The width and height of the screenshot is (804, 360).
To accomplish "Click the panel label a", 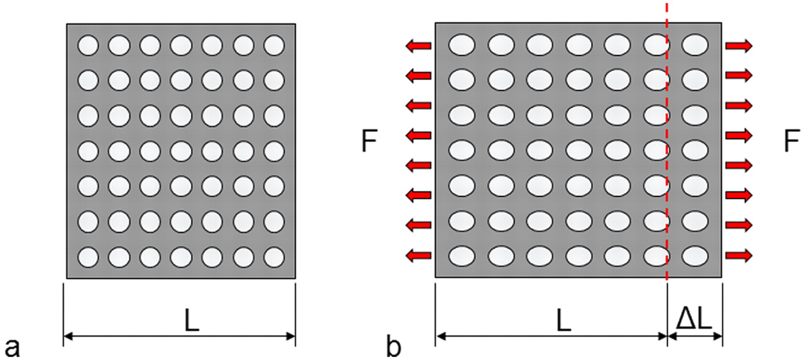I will point(12,347).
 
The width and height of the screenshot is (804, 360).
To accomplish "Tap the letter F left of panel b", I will point(370,143).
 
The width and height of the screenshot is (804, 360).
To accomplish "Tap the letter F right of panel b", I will point(792,143).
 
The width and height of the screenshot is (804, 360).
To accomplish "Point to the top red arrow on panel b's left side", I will point(418,45).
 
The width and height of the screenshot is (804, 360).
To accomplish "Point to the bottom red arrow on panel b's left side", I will point(418,255).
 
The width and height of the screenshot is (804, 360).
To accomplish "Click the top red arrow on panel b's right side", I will point(739,45).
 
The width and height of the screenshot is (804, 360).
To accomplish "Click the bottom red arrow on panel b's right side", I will point(739,255).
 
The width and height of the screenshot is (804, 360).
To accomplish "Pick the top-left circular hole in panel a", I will point(88,45).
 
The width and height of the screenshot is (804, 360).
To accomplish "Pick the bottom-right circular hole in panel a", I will point(274,257).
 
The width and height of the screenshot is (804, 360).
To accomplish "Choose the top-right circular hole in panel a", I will point(274,45).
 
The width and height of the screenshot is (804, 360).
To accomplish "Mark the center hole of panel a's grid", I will point(181,151).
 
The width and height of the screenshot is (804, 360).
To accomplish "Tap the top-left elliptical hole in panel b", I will point(462,45).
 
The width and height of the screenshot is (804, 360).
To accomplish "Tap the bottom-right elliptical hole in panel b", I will point(695,255).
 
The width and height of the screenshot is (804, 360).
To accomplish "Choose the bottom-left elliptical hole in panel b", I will point(462,255).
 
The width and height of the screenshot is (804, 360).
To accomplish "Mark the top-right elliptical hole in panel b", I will point(695,45).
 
